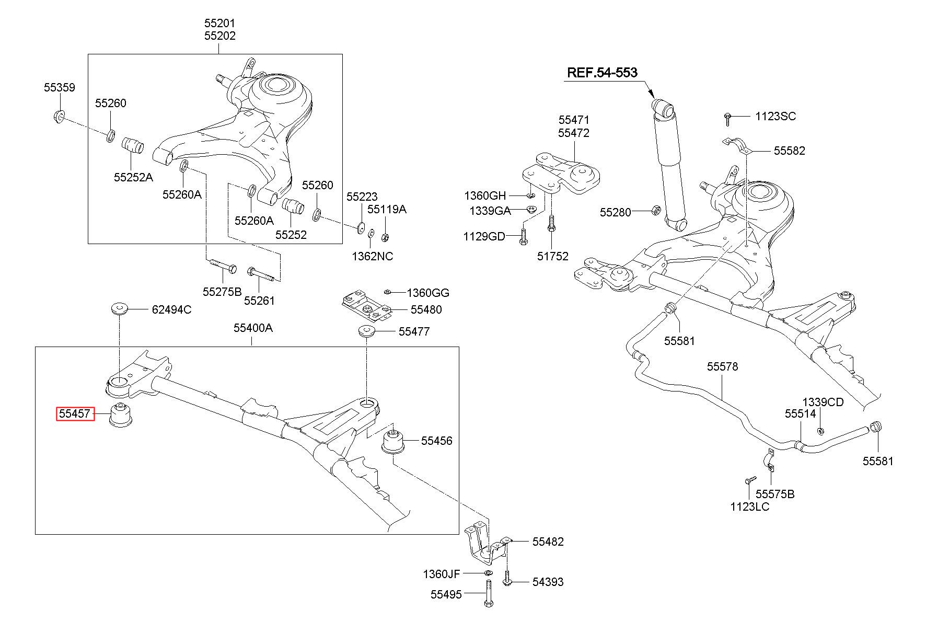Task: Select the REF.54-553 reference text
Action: coord(603,72)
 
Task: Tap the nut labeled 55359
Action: coord(59,116)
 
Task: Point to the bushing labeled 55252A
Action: coord(133,146)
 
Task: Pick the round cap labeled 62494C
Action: coord(120,308)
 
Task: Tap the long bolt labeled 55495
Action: coord(488,595)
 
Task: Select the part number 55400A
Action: coord(253,328)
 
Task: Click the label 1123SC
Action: coord(775,116)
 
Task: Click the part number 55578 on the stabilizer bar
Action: coord(723,366)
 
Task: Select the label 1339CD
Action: coord(823,402)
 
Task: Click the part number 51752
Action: coord(553,256)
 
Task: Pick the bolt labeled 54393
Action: coord(507,579)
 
